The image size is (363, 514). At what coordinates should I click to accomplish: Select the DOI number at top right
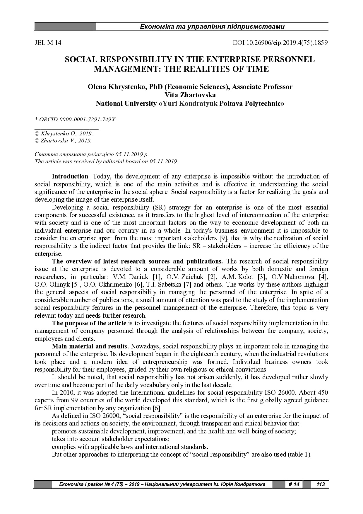pos(280,43)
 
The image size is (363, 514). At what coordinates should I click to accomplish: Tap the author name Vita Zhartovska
pos(190,95)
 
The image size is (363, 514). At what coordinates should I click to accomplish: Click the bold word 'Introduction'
pos(70,176)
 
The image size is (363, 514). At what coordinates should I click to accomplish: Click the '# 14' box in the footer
pos(294,484)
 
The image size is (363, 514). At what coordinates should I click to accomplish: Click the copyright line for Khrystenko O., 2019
pos(64,134)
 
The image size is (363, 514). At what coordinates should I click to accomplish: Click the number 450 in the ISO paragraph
pos(323,393)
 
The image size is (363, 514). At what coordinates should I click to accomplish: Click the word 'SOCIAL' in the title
pos(81,59)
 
